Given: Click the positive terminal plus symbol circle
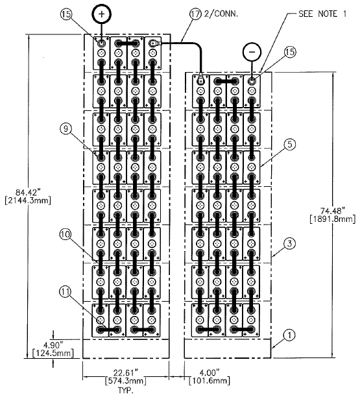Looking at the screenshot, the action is coord(101,14).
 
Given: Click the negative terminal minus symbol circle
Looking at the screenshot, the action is coord(252,52).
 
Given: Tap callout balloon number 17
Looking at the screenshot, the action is coord(195,14).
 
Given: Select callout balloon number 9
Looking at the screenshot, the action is coord(66,128).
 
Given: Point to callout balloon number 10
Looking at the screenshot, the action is coord(65,234).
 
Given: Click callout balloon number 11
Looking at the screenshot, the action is coord(65,291).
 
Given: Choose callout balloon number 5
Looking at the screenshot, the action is coord(290,145).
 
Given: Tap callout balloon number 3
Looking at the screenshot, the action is coord(289,244).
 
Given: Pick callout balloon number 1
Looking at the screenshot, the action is coord(289,335).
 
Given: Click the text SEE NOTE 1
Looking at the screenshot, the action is coord(322,14).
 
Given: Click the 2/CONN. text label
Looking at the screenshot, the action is coord(221,14).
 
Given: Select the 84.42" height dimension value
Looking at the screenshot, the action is coord(28,192).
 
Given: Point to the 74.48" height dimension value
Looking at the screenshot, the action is coord(333,211).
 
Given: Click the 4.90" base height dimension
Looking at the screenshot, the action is coord(53,345).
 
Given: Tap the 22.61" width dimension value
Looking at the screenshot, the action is coord(126,373).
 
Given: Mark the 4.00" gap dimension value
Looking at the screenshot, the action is coord(209,373).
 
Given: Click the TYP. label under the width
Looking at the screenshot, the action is coord(126,391).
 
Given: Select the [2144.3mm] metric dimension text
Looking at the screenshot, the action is coord(28,200).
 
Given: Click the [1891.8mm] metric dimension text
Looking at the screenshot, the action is coord(333,219).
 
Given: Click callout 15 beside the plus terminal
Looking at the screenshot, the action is coord(66,14).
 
